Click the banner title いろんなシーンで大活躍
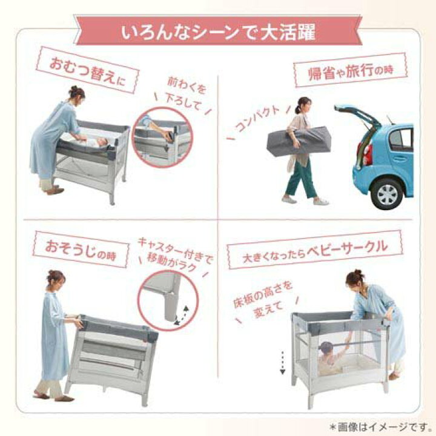point(217,32)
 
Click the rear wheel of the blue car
point(386,194)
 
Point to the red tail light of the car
point(368,154)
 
